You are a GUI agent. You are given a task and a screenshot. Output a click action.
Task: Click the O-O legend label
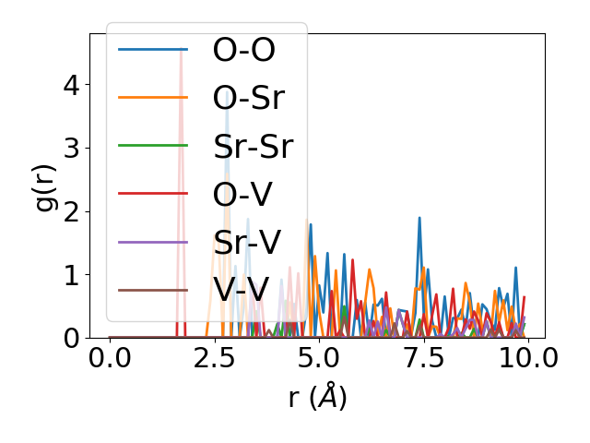coord(244,50)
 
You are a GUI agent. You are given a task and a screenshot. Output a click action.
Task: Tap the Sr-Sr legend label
coord(253,147)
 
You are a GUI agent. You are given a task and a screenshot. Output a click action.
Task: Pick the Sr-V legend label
coord(247,243)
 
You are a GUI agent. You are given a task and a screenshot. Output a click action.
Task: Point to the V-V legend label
coord(241,291)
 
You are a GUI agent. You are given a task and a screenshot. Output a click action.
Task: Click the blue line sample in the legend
coord(154,50)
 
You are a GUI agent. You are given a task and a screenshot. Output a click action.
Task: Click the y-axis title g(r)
coord(45,186)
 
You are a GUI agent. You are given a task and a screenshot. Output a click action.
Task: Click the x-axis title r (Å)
coord(317,398)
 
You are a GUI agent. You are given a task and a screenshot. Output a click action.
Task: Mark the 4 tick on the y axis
coord(72,85)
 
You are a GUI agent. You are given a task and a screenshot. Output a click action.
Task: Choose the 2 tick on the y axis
coord(72,211)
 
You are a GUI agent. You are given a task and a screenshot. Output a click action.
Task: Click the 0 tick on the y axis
coord(72,338)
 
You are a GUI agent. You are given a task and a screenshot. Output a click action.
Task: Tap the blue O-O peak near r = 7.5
coord(419,219)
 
